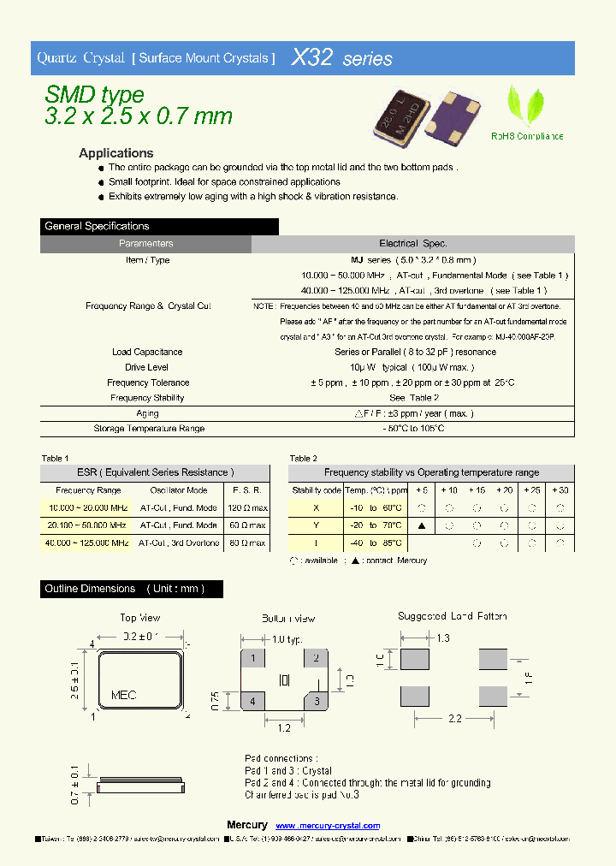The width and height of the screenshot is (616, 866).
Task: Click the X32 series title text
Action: coord(342,58)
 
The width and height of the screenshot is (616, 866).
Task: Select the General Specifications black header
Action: coord(159,227)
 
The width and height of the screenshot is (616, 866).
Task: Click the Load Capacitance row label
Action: coord(147,352)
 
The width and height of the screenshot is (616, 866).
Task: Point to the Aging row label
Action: coord(147,413)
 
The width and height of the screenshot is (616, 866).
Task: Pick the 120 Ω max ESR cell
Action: coord(247,507)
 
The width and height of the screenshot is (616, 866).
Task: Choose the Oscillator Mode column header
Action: coord(179,490)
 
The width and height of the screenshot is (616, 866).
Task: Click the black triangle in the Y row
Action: coord(422,525)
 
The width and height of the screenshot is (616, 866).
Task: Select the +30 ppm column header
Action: coord(560,490)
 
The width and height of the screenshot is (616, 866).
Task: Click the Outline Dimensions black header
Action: coord(132,589)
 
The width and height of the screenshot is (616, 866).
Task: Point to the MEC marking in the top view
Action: coord(124,695)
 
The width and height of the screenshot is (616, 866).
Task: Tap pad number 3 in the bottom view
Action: coord(316,702)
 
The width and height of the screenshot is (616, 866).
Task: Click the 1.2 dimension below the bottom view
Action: coord(285,727)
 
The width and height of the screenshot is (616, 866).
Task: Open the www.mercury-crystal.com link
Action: coord(329,825)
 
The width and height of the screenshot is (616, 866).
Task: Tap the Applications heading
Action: coord(116,153)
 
